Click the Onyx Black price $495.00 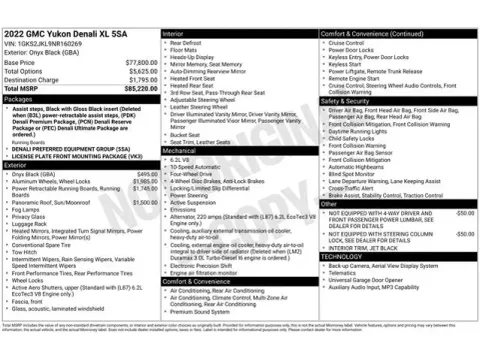(x=146, y=173)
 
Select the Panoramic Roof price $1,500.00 (x=145, y=201)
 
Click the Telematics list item (x=344, y=272)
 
